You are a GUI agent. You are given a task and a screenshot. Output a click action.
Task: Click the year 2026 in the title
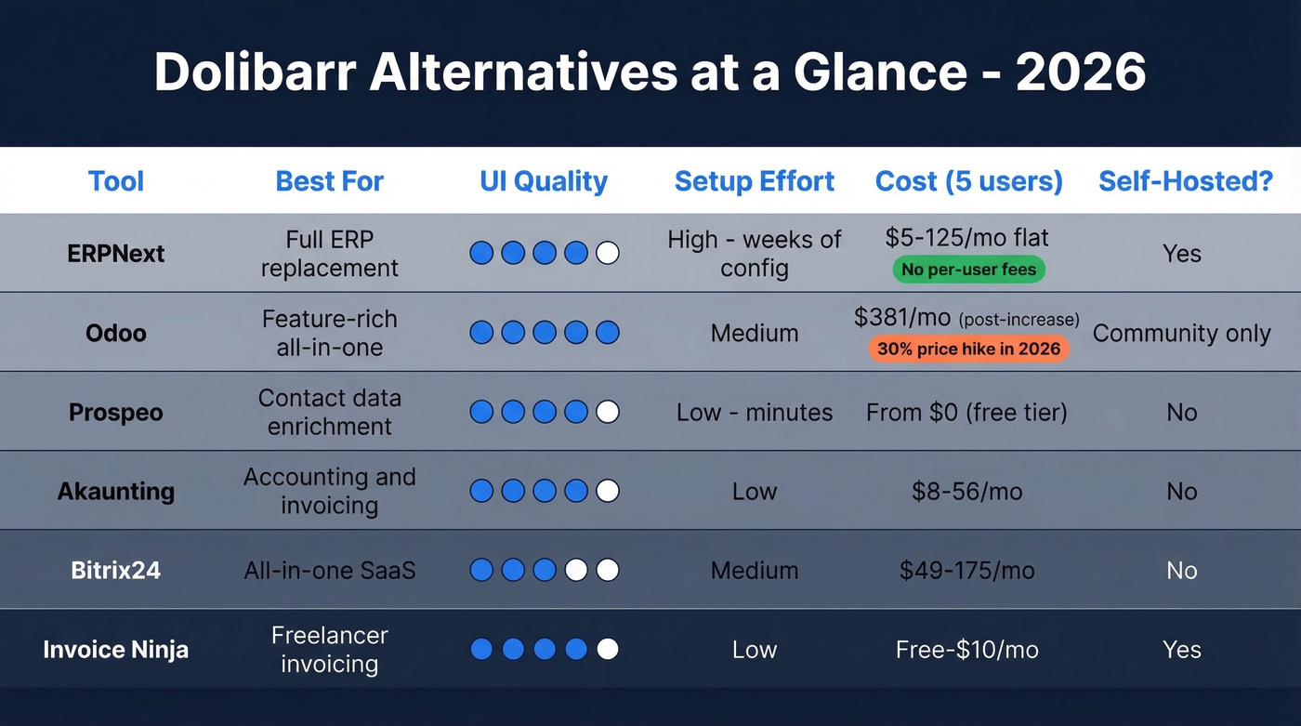click(x=1081, y=73)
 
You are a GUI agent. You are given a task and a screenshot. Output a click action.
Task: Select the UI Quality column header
click(x=544, y=181)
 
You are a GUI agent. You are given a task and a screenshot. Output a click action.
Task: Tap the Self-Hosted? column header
click(x=1186, y=181)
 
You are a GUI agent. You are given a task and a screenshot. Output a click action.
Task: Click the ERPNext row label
click(x=116, y=254)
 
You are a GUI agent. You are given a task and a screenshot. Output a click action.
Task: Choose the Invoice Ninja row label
click(x=116, y=649)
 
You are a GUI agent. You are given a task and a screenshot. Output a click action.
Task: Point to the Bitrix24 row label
click(x=116, y=570)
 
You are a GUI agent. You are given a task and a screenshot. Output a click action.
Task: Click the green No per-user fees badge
click(x=968, y=271)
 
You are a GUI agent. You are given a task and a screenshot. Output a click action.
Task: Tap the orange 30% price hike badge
click(x=968, y=350)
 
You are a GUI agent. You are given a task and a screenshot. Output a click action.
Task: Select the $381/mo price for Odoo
click(x=902, y=319)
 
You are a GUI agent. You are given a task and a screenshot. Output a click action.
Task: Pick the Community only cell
click(x=1181, y=334)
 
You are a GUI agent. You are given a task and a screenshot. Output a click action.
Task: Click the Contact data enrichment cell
click(x=330, y=412)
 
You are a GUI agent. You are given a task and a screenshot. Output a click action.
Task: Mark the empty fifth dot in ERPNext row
click(x=607, y=253)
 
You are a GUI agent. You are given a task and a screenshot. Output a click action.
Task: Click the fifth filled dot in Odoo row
click(x=607, y=332)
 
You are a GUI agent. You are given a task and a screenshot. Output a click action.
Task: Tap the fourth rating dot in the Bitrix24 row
click(x=576, y=570)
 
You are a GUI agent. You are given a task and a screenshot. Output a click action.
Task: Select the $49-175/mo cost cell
click(x=966, y=570)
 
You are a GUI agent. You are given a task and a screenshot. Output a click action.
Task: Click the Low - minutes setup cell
click(x=755, y=412)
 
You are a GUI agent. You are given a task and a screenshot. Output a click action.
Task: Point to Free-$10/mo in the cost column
click(x=966, y=649)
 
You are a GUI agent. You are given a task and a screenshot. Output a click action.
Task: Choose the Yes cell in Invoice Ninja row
click(x=1181, y=649)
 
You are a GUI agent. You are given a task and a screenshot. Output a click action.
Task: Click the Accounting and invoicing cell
click(x=330, y=491)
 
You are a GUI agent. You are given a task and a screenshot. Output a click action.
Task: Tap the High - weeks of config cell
click(x=755, y=254)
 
